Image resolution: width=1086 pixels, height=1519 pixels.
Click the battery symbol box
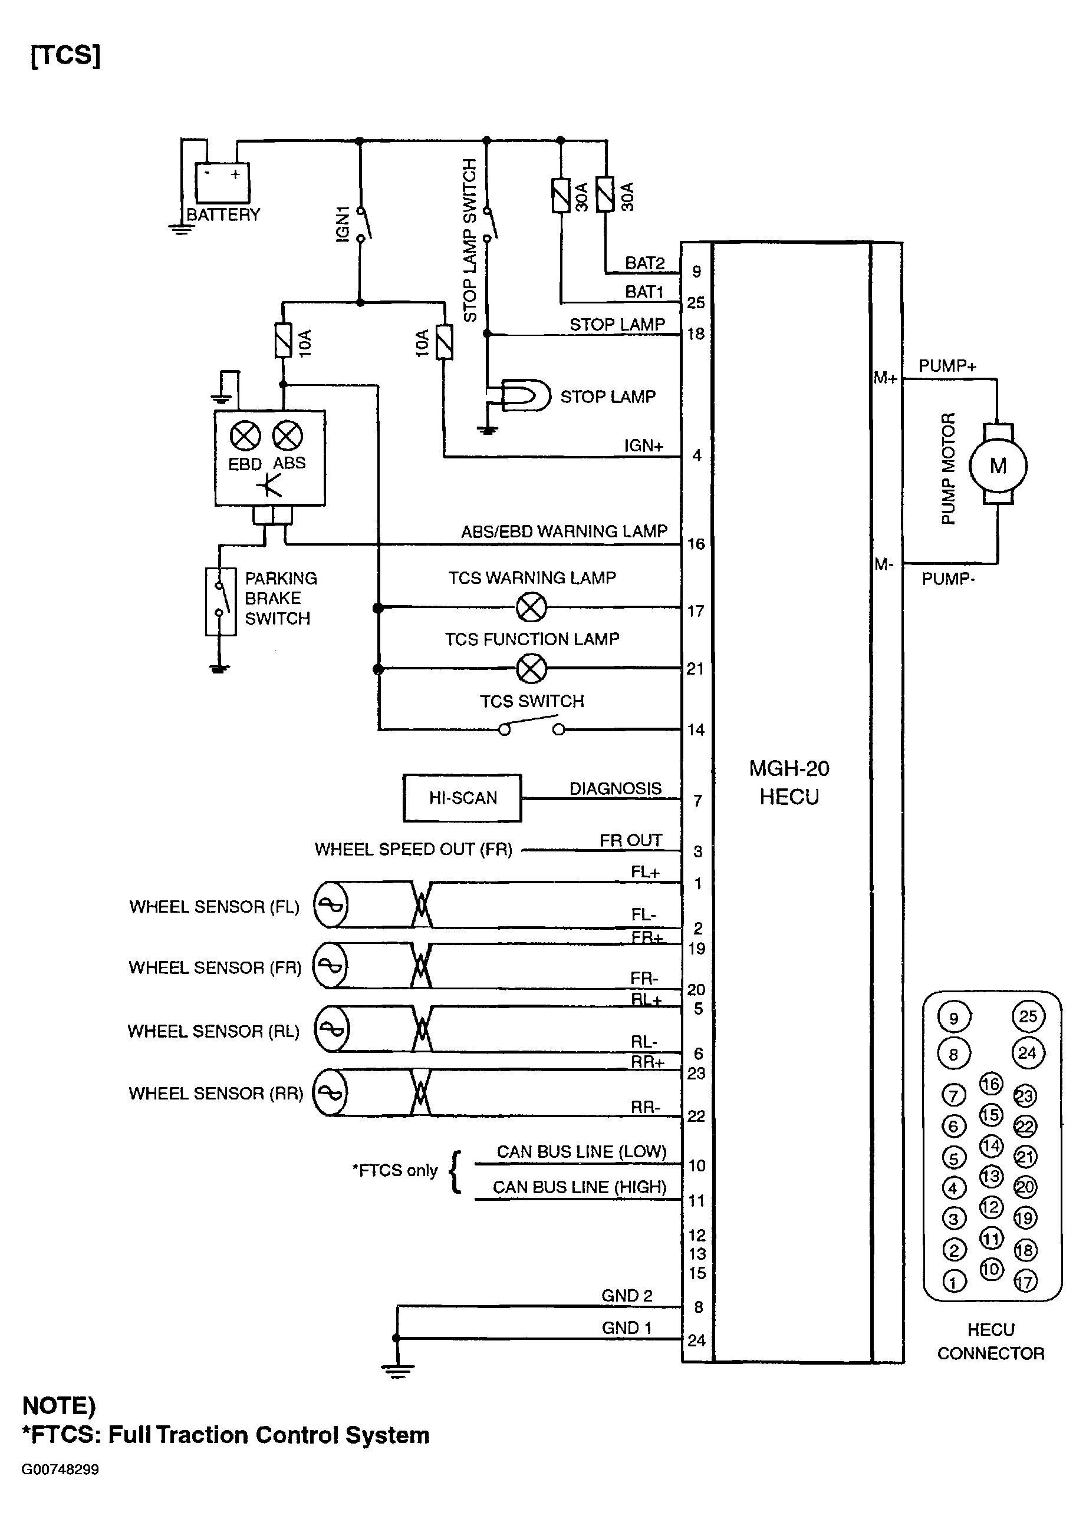[x=221, y=183]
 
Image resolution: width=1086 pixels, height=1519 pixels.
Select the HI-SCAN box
[x=462, y=798]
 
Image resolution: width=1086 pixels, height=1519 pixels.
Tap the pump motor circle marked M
[x=998, y=466]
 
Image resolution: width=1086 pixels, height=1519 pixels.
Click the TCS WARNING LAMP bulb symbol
[x=532, y=607]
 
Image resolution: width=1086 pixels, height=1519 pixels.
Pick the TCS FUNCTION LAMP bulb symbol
[x=532, y=668]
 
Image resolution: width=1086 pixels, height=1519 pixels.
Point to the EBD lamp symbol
[x=245, y=437]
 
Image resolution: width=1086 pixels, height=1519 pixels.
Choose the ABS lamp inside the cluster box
[x=288, y=437]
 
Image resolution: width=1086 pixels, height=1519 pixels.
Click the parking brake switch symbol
[x=220, y=601]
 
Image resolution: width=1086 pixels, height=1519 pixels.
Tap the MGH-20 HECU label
[x=789, y=782]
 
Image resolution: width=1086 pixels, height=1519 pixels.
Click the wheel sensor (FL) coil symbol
[x=331, y=905]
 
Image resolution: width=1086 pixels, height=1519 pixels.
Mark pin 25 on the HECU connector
[x=1028, y=1016]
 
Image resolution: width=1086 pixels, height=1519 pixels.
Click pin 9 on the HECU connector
[x=953, y=1018]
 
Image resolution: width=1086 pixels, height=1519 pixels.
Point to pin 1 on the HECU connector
[x=953, y=1281]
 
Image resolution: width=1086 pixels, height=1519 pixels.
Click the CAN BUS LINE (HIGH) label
[x=580, y=1187]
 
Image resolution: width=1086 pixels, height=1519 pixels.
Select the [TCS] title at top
[x=65, y=55]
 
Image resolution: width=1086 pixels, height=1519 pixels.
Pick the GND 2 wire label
[x=627, y=1295]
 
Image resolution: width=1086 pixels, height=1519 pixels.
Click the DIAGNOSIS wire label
[x=615, y=788]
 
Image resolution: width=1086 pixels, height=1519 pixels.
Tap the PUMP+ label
[x=947, y=365]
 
